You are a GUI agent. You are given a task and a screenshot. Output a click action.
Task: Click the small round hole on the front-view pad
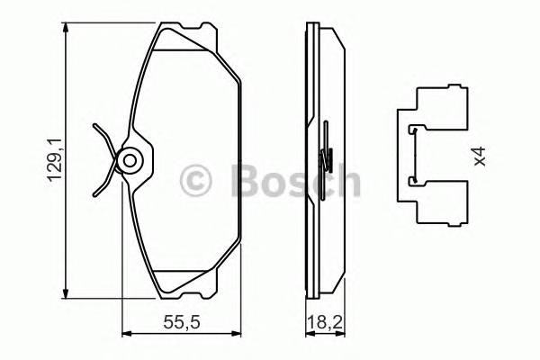point(130,162)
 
